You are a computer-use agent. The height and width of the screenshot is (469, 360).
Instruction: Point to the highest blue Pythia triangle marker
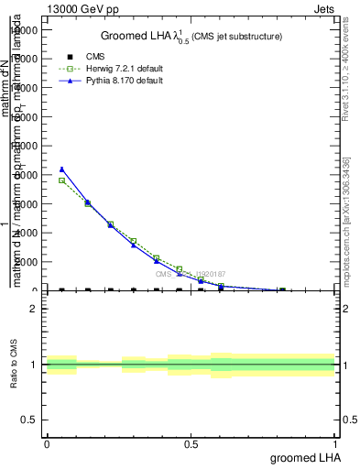point(61,169)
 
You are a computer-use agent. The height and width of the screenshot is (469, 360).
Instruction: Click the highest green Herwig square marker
point(61,180)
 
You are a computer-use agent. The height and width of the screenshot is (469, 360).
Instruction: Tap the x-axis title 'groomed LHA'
point(304,457)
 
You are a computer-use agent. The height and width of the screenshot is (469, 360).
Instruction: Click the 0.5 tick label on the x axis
point(191,443)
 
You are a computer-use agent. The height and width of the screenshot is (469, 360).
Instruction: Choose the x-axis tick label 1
point(335,443)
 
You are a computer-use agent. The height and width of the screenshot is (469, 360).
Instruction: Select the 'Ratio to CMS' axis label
point(14,365)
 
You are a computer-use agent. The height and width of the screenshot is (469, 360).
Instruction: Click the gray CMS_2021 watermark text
point(191,274)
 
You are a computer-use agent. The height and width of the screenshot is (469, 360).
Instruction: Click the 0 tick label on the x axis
point(47,443)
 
